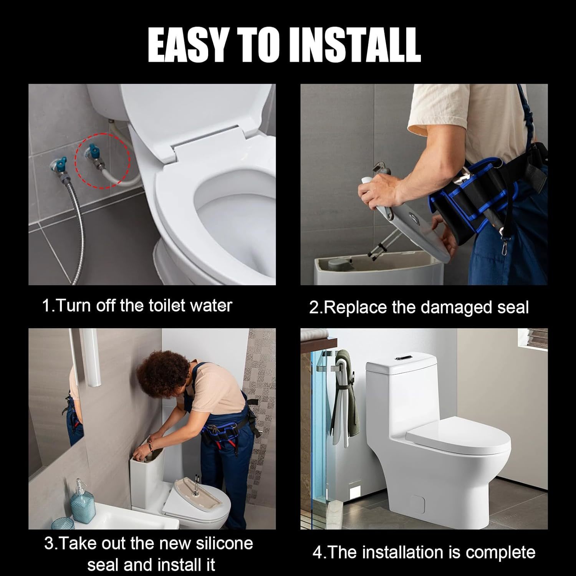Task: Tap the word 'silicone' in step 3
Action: pyautogui.click(x=224, y=544)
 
